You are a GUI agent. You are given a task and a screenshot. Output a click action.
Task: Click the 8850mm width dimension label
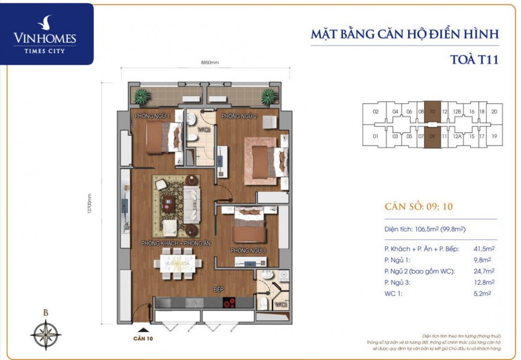pos(209,62)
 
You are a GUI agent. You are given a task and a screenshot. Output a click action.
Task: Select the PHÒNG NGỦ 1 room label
pos(153,117)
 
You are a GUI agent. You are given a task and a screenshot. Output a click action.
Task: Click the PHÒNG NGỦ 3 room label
pos(248,251)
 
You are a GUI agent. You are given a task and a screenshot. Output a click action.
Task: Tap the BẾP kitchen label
pos(219,289)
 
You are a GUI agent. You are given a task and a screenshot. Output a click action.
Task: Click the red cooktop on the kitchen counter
pos(229,303)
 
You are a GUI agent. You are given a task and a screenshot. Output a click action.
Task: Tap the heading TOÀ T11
pos(475,59)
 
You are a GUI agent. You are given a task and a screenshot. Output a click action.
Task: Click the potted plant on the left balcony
pos(141,96)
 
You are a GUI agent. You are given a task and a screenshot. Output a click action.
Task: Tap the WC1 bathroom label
pos(280,304)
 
